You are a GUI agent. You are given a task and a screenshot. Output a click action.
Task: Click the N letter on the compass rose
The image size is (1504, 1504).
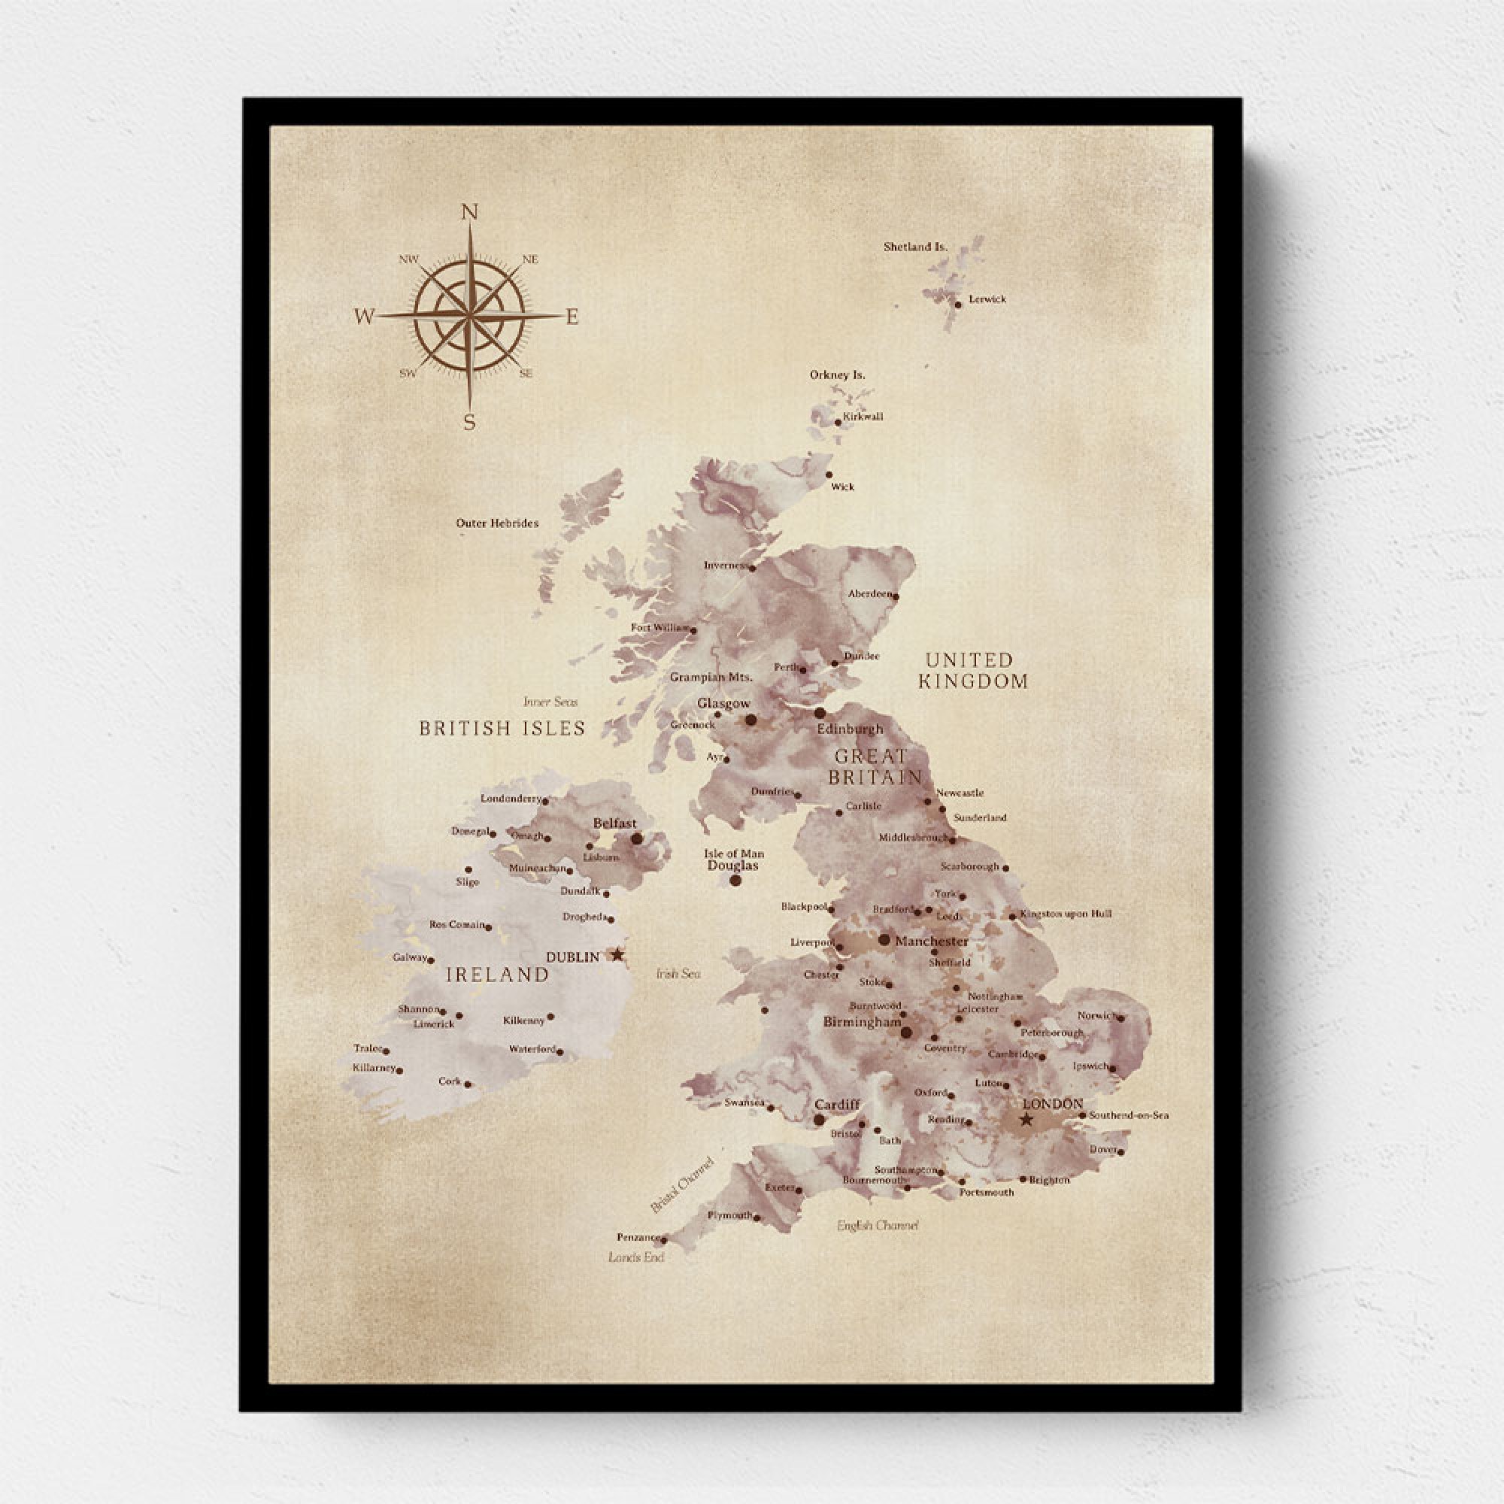tap(469, 213)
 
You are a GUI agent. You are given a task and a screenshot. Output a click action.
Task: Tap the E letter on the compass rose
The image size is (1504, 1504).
tap(572, 317)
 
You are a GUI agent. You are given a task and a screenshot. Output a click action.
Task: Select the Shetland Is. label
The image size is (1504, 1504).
tap(914, 247)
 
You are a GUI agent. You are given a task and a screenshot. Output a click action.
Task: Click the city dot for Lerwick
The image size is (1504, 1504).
tap(958, 305)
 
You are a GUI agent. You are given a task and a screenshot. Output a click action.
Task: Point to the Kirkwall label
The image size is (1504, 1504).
tap(863, 417)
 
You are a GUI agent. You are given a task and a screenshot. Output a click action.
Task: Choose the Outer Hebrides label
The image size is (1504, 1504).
tap(496, 523)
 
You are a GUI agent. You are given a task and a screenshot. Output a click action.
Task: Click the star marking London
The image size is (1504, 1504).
tap(1026, 1120)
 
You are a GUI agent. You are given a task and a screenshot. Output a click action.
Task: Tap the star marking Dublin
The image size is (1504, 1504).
tap(617, 954)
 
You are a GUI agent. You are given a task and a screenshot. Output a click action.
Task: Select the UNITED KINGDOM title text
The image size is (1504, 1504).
tap(972, 670)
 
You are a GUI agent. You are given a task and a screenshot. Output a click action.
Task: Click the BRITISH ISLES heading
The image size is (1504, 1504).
tap(502, 728)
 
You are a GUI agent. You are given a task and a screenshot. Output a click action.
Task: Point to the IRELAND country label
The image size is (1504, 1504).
tap(497, 974)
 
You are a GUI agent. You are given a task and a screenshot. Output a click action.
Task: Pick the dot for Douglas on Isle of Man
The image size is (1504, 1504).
tap(735, 881)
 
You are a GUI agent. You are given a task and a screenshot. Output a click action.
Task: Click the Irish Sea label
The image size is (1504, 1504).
tap(678, 973)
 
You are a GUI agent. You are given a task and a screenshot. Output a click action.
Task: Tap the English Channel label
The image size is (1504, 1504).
tap(878, 1225)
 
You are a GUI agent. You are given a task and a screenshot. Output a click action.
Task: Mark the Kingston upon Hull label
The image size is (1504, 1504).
tap(1065, 913)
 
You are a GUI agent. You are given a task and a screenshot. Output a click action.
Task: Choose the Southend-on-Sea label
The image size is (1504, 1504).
tap(1129, 1114)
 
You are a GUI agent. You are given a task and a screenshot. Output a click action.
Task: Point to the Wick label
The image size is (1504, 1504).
tap(842, 487)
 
